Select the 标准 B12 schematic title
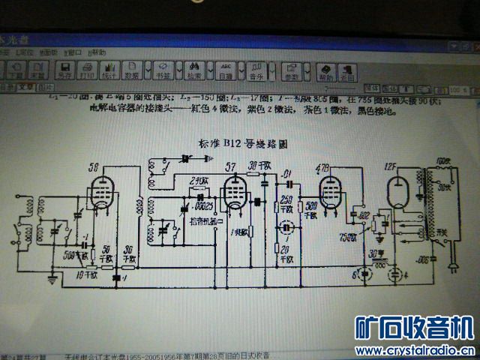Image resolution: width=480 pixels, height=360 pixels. (243, 142)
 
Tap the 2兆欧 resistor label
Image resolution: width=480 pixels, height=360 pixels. (197, 180)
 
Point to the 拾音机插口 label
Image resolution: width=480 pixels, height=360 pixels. (196, 222)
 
